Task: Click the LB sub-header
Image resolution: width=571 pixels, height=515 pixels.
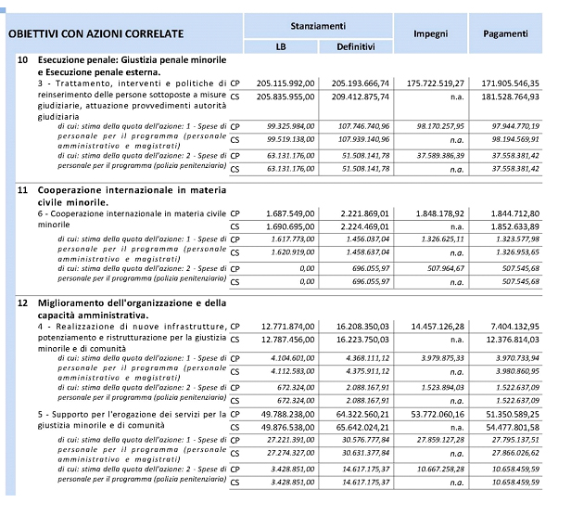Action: (281, 46)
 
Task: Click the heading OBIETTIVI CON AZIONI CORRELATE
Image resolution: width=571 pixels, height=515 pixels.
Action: (95, 35)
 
